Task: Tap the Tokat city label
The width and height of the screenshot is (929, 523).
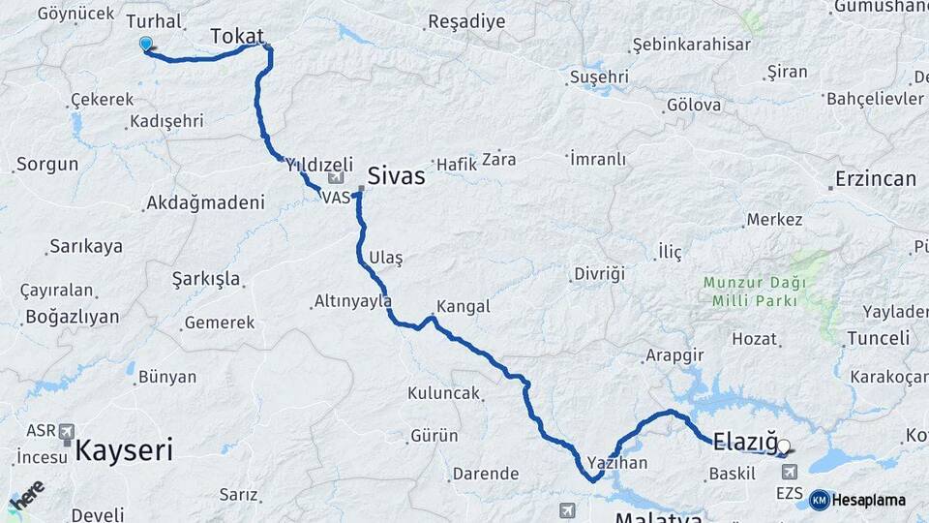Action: [236, 36]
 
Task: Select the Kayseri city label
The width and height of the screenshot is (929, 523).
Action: [124, 449]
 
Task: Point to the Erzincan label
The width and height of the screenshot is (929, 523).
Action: [873, 179]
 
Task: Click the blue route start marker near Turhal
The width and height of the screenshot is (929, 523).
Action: [146, 44]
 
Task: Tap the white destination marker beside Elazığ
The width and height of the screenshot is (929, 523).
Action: [784, 447]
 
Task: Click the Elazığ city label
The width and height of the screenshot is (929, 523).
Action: [744, 443]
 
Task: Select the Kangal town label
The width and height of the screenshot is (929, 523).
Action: [464, 306]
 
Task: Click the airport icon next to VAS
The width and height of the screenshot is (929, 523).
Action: [336, 177]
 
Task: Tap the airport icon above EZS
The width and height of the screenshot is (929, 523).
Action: [790, 471]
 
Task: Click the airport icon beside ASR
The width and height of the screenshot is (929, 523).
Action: [67, 431]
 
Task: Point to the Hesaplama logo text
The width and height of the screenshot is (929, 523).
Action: [868, 500]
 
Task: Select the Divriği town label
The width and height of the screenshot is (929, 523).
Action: [599, 273]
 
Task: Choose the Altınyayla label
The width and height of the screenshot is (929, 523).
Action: [352, 301]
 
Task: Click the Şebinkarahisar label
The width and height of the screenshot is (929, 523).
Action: [677, 46]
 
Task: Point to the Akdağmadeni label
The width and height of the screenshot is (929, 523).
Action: [203, 203]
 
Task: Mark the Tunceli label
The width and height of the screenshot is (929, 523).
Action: [878, 338]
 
